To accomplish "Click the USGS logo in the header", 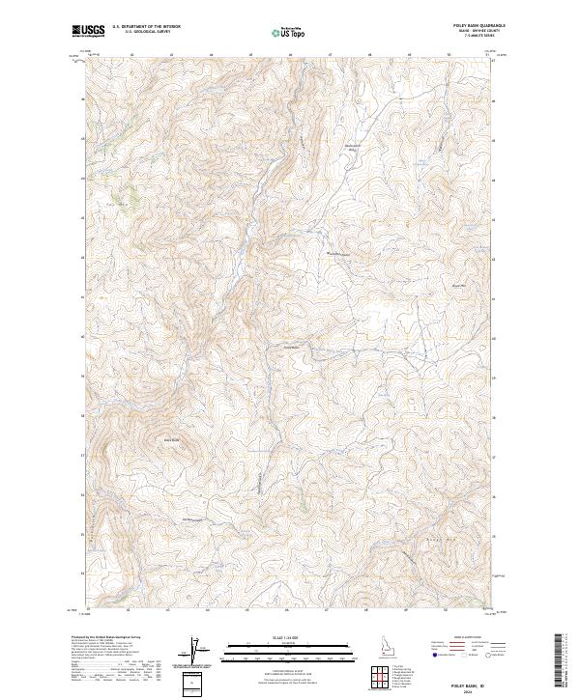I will [88, 31].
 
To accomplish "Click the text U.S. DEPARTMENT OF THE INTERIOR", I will [146, 27].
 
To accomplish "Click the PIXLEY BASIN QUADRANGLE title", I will [473, 26].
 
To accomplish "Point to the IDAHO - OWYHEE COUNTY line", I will [473, 31].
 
